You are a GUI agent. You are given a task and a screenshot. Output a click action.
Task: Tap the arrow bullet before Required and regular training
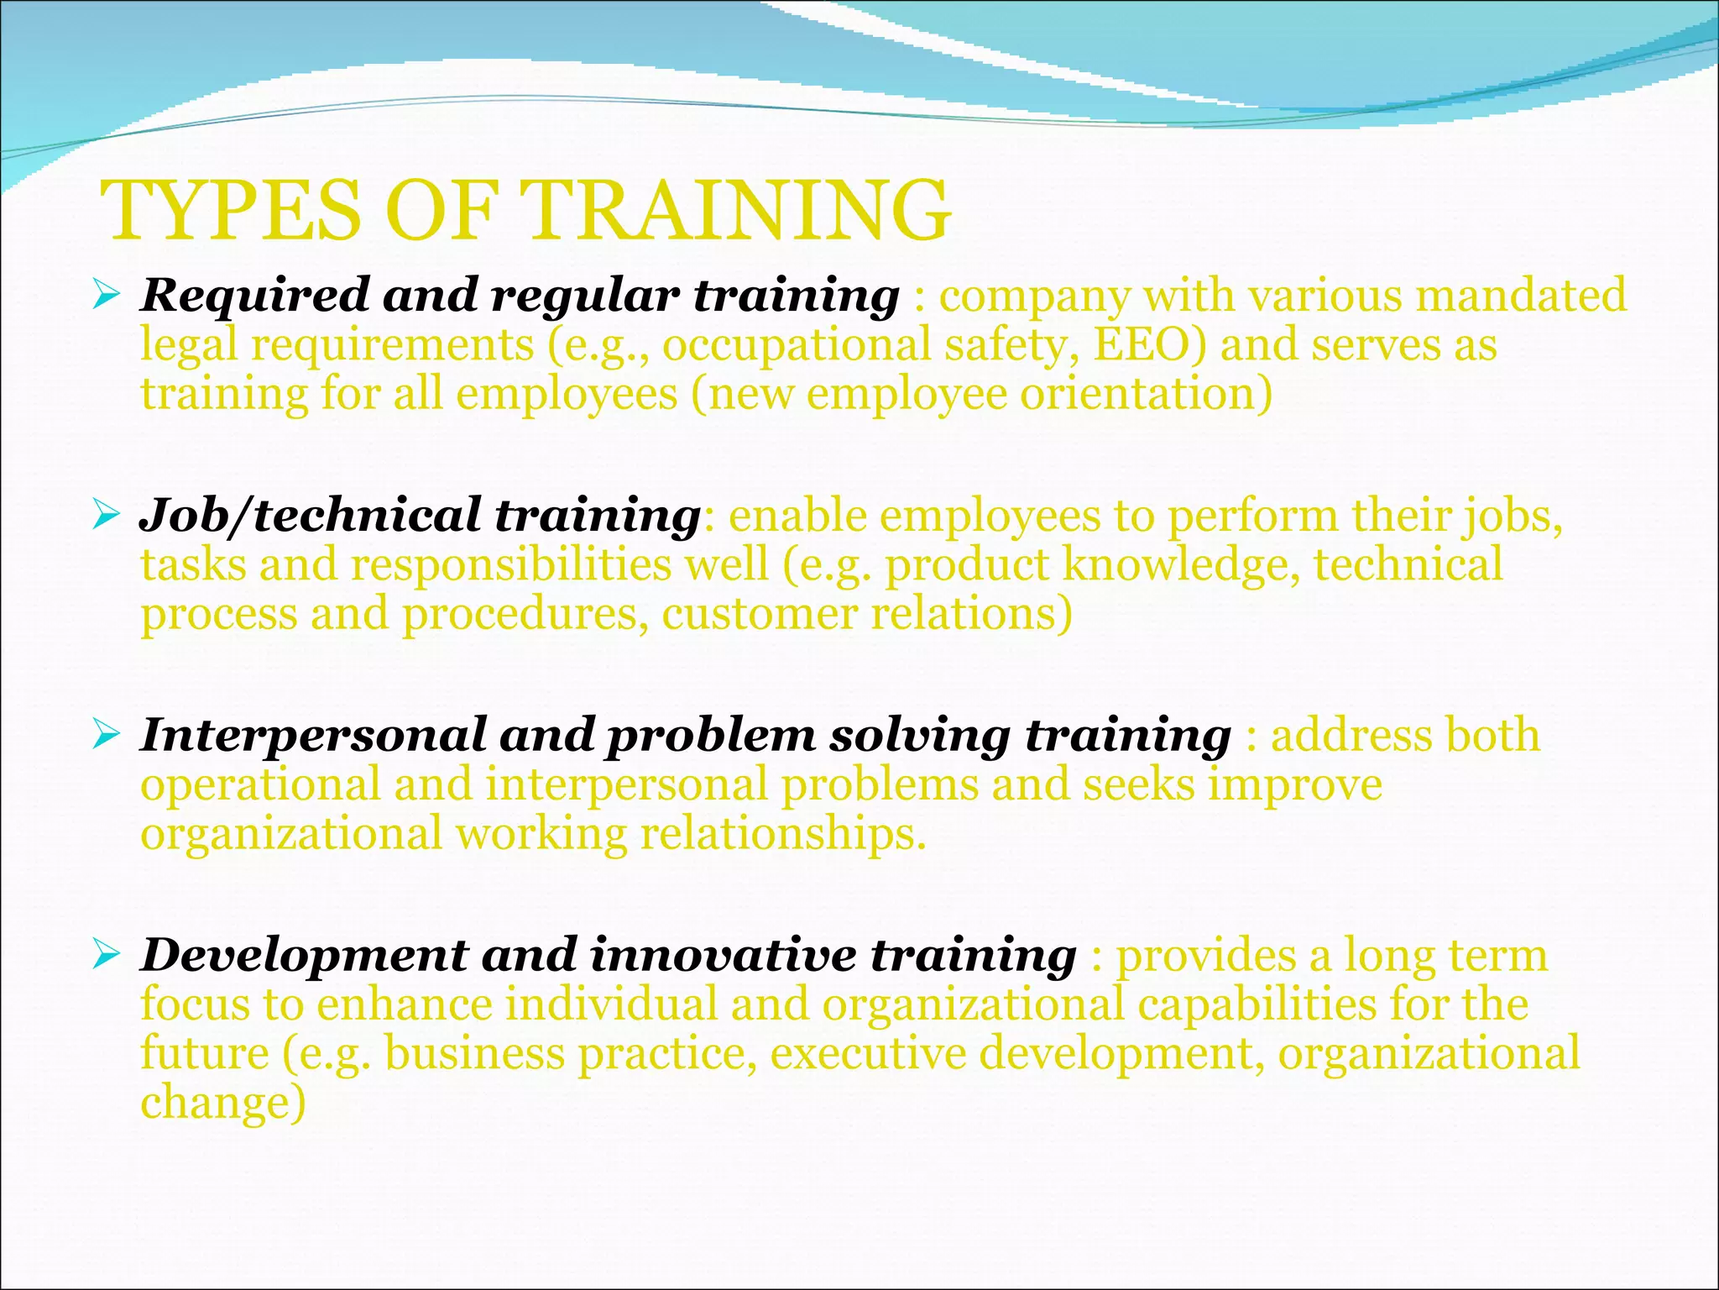(107, 295)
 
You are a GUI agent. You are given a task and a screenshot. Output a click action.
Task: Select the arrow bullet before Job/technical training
(107, 515)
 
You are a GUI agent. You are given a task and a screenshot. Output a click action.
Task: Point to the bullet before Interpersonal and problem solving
(107, 735)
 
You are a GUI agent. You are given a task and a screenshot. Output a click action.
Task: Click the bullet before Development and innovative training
(107, 955)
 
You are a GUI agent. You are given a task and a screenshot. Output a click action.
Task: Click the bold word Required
(254, 296)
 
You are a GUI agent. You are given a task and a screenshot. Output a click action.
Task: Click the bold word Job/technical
(309, 516)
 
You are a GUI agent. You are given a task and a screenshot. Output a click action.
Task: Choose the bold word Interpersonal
(312, 736)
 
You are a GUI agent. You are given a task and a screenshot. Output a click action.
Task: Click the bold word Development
(304, 956)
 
